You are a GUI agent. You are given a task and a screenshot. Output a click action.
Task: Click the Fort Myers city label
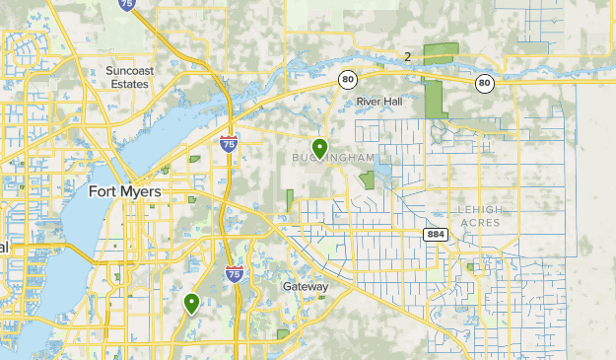point(125,191)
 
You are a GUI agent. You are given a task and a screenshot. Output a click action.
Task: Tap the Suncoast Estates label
point(128,77)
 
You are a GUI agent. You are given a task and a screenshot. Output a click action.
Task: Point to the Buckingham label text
point(332,158)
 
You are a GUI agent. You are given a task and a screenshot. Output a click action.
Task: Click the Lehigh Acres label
point(479,216)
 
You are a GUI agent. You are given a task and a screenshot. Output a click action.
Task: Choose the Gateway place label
point(305,286)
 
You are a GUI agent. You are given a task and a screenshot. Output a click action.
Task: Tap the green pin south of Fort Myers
point(191,303)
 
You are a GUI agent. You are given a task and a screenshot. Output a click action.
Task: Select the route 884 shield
point(437,235)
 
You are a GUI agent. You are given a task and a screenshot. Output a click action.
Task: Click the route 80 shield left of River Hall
point(348,78)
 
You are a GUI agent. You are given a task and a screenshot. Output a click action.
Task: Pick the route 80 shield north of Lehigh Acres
point(483,83)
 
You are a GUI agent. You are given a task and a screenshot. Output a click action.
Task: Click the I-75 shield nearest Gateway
point(235,272)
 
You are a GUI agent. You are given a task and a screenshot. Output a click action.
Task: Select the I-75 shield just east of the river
point(229,144)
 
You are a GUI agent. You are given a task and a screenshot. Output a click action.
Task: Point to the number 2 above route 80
point(407,56)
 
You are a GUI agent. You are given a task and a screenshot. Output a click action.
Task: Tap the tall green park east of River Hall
point(435,100)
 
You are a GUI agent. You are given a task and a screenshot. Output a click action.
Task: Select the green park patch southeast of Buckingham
point(369,180)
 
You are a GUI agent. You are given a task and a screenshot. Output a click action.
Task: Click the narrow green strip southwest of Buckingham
point(290,200)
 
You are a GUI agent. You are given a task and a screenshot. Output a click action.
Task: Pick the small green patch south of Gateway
point(284,334)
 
